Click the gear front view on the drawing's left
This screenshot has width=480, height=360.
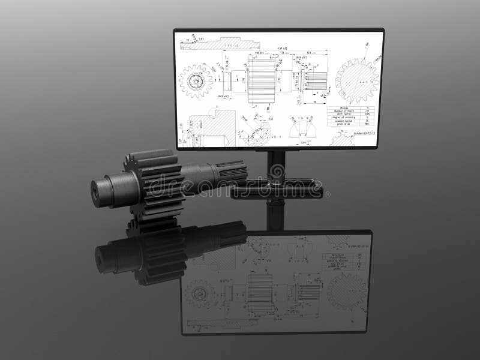[196, 81]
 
